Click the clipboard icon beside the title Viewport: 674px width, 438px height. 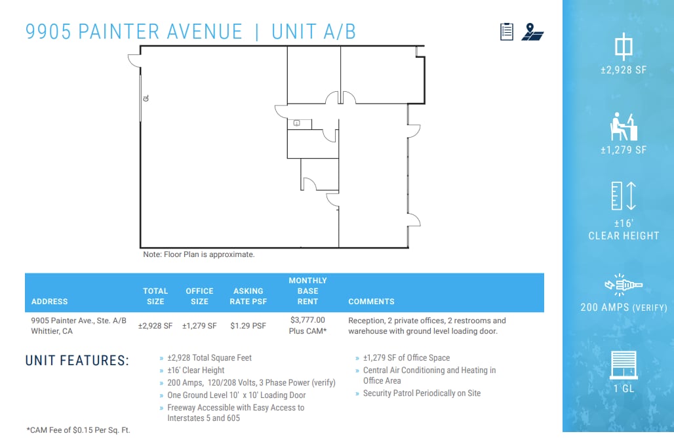click(x=506, y=31)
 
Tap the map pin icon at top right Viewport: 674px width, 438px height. click(x=532, y=31)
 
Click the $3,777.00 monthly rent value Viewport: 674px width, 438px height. click(x=307, y=320)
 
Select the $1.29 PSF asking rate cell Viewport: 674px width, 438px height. click(x=248, y=325)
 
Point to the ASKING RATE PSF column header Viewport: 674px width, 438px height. click(x=248, y=296)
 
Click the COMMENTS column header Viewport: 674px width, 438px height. click(x=371, y=302)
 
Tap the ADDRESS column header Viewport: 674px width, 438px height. click(x=50, y=302)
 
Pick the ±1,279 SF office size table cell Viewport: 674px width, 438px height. click(x=199, y=325)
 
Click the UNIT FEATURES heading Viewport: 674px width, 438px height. click(x=77, y=361)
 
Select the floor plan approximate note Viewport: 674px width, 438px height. click(x=199, y=254)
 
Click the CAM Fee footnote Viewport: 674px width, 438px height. click(x=78, y=429)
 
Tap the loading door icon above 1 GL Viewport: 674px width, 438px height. click(x=623, y=365)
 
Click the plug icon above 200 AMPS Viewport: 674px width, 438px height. click(x=623, y=285)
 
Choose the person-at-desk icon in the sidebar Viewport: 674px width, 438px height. click(x=623, y=125)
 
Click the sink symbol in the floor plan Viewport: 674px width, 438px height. click(x=296, y=123)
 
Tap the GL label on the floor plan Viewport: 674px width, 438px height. click(x=146, y=98)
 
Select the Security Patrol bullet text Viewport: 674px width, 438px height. click(x=422, y=393)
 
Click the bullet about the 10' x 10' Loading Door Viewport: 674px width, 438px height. click(x=236, y=395)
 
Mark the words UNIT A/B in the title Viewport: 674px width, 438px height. click(x=313, y=31)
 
